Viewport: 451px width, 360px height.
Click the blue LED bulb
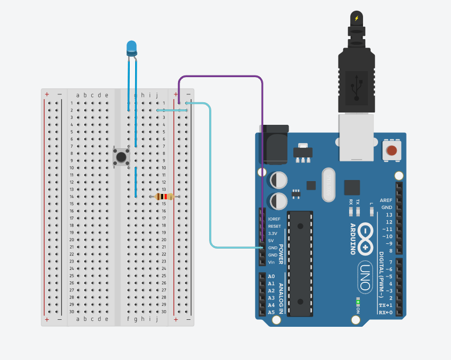click(x=131, y=48)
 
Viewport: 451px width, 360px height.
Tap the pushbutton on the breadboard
click(x=122, y=157)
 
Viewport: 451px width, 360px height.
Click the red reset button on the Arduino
click(x=392, y=151)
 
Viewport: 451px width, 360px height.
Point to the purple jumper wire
click(x=220, y=77)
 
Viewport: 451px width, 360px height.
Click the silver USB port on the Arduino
click(x=356, y=137)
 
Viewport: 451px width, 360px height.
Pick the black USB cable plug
click(x=356, y=80)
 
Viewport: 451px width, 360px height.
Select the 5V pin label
click(x=271, y=241)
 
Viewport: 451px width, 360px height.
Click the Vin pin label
click(x=271, y=262)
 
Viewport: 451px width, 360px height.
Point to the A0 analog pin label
click(x=271, y=276)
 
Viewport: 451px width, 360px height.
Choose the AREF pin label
click(x=386, y=200)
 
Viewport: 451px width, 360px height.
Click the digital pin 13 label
click(x=389, y=214)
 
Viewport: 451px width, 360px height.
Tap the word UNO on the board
click(x=365, y=277)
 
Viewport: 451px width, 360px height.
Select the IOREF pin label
click(x=274, y=219)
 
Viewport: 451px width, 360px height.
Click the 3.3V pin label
click(x=273, y=234)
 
